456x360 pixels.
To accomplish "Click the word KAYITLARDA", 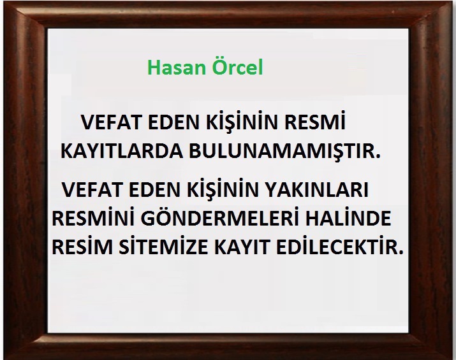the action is tap(121, 151).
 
